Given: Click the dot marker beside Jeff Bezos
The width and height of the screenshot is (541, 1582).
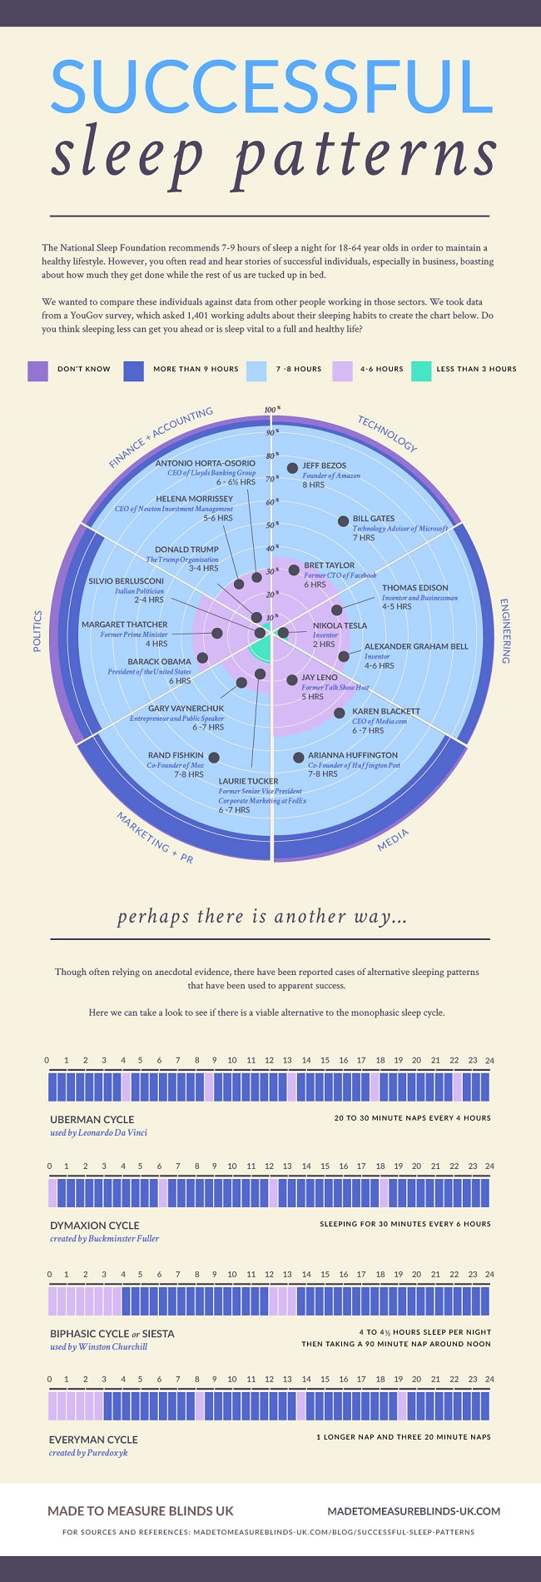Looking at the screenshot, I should (292, 468).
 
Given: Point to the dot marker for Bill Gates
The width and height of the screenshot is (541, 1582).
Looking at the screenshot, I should (343, 521).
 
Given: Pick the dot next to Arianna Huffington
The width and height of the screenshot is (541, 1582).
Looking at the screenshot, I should (299, 757).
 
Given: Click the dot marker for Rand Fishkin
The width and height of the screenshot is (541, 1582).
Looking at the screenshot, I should (214, 757).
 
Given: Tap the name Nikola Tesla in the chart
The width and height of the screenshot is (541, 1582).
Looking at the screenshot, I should (340, 625).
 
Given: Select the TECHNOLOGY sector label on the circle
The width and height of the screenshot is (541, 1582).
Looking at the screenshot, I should (387, 433).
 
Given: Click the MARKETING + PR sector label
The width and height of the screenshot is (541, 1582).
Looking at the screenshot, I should (155, 838).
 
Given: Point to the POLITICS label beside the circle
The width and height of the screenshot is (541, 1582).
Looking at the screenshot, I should (37, 630).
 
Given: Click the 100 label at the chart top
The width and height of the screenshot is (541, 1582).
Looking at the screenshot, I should (270, 409).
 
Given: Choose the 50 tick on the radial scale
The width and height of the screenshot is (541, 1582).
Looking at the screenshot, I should (270, 525).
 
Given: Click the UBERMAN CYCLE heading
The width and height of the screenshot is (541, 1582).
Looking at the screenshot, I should (92, 1119).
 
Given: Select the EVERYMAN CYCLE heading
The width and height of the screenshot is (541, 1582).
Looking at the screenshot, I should (93, 1440).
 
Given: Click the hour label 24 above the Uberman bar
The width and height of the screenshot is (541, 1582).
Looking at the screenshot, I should (489, 1060).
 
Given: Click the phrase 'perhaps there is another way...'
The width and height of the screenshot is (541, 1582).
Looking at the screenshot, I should (262, 917).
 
